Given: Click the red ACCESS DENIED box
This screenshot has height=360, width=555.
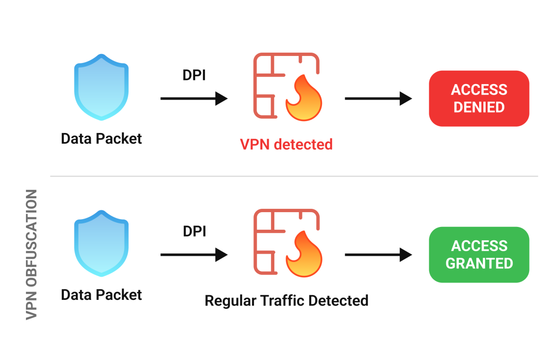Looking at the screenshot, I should pos(479,98).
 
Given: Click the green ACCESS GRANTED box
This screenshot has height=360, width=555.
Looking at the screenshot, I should pos(479,254).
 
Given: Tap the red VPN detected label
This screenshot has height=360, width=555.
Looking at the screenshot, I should pos(286,144).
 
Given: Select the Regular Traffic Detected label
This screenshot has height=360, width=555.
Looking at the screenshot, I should pos(286,300).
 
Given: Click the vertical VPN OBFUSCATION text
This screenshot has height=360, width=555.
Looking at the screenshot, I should pos(31,254).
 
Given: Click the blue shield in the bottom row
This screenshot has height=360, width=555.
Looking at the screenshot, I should pos(101,243).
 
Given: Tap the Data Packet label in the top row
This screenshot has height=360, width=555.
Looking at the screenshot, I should pos(101,138).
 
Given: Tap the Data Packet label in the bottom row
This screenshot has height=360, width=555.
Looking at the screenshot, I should pos(101,294).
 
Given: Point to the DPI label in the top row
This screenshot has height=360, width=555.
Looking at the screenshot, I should pos(194,75).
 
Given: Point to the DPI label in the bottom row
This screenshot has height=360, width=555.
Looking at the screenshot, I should pos(194,231).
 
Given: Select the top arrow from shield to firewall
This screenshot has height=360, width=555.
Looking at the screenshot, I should pos(194,98).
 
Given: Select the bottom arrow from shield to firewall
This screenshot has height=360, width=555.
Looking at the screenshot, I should pos(194,254).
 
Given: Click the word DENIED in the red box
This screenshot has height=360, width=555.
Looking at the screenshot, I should pos(479,107).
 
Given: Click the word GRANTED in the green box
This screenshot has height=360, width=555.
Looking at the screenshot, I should pos(479,263).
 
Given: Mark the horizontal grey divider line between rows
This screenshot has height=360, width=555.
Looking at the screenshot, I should pos(294,176).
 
